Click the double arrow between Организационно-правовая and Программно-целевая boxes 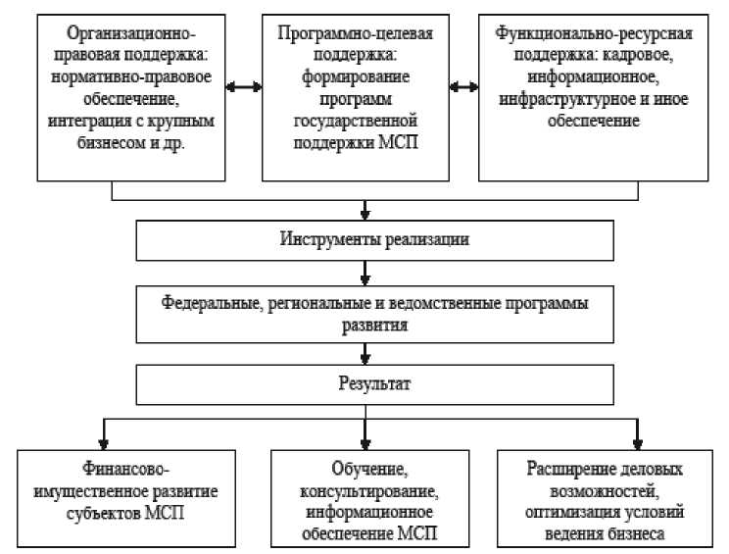tap(245, 85)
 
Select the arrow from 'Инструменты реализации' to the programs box tap(364, 271)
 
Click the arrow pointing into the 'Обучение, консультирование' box tap(364, 434)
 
